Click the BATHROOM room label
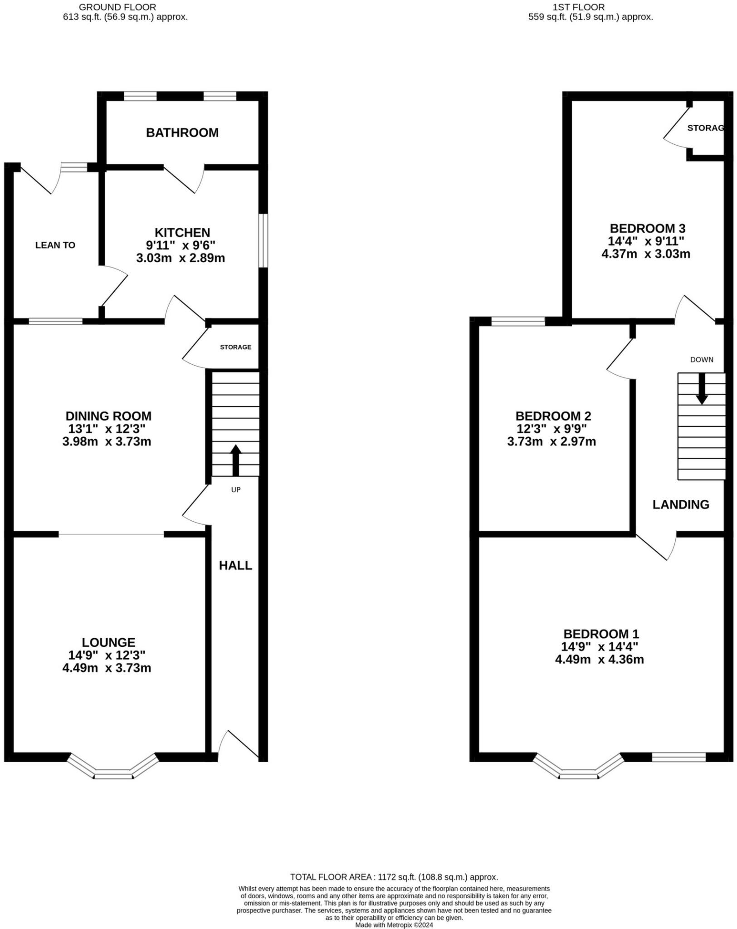(182, 132)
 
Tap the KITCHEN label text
(182, 233)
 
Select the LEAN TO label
(55, 245)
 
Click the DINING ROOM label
(108, 416)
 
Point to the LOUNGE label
(108, 642)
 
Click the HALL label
(235, 565)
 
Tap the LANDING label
(681, 504)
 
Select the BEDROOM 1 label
(601, 634)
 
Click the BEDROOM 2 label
(553, 416)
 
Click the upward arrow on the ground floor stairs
(235, 459)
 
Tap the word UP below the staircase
(236, 490)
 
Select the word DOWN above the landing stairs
(702, 360)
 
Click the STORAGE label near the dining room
(235, 347)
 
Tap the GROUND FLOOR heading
(117, 7)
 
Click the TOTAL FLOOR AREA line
(394, 877)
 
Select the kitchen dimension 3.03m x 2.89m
(181, 259)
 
